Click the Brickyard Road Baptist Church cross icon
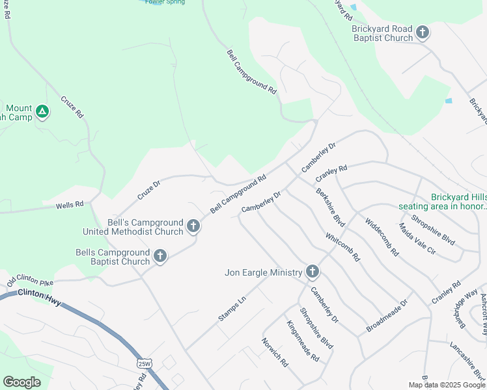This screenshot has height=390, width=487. [x=423, y=32]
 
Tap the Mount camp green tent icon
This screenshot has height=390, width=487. [x=42, y=112]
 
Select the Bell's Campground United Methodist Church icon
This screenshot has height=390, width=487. [x=193, y=226]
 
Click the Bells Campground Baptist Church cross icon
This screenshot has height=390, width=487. [x=160, y=257]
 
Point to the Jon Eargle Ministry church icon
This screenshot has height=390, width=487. [x=313, y=272]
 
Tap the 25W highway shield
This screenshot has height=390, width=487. [x=143, y=363]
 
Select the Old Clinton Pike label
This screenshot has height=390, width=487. [x=29, y=281]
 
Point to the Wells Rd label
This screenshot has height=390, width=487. [x=70, y=205]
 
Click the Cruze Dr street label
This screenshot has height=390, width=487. [x=148, y=190]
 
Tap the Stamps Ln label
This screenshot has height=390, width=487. [x=232, y=308]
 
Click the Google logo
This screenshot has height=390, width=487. [x=21, y=382]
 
